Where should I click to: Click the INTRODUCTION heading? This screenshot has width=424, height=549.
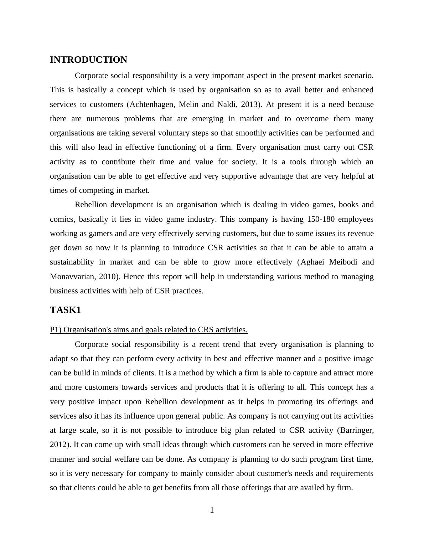pyautogui.click(x=88, y=60)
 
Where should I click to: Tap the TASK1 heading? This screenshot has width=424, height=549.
pyautogui.click(x=66, y=310)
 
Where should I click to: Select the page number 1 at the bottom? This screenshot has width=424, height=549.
pyautogui.click(x=212, y=510)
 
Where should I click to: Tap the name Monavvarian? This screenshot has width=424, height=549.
pyautogui.click(x=71, y=277)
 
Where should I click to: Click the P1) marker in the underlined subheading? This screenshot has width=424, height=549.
pyautogui.click(x=56, y=330)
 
